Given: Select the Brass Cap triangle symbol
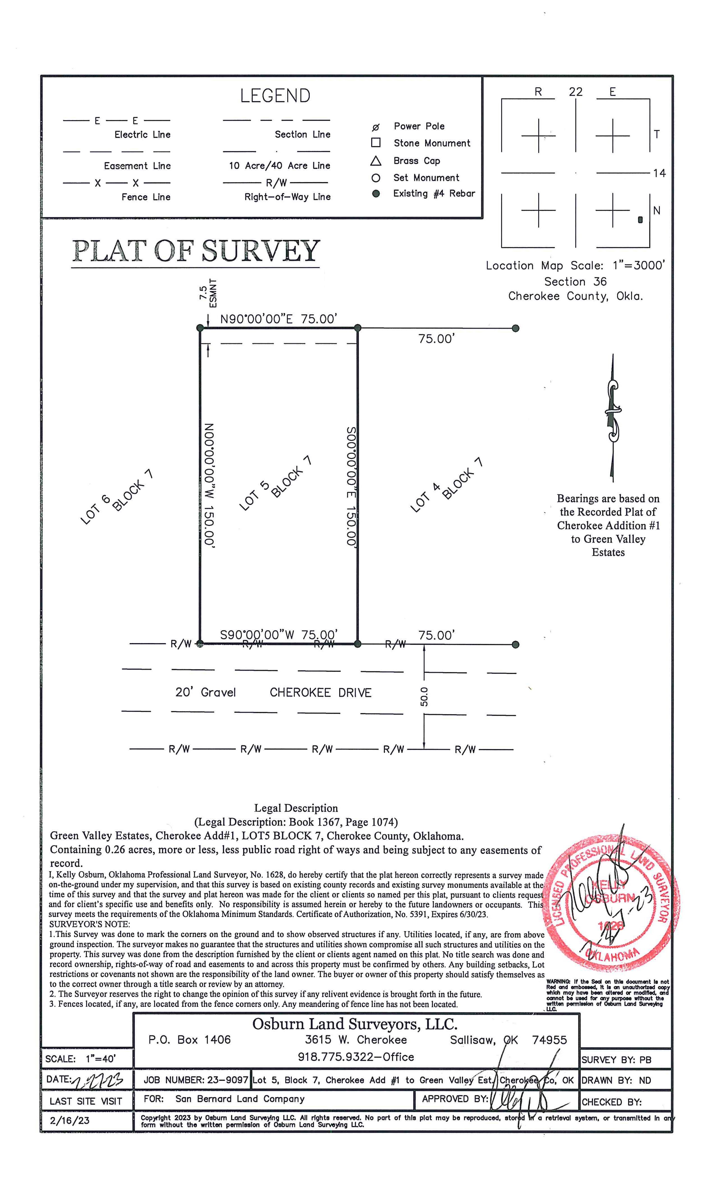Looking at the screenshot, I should [376, 161].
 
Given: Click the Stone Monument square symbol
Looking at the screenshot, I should [376, 143].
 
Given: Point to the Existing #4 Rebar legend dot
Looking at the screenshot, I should [376, 194].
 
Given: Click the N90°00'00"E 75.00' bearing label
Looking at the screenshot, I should [279, 319].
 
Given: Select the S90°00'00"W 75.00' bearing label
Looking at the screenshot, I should [279, 635].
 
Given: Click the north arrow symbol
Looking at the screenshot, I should [612, 417].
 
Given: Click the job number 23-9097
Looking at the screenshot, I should [227, 1080].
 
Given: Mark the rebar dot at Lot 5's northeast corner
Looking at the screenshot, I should [357, 328].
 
